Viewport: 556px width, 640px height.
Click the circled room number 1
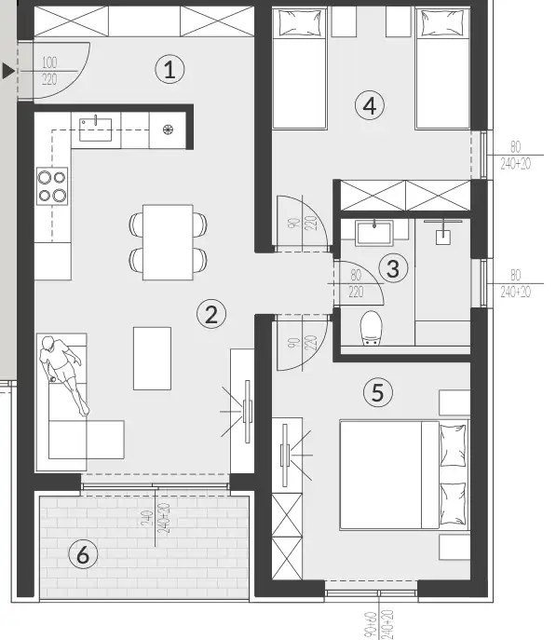[169, 68]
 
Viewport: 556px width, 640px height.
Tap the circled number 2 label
[211, 313]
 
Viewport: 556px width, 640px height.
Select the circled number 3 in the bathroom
[393, 268]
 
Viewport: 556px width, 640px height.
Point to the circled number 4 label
[370, 105]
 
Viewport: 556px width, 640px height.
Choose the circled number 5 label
[376, 392]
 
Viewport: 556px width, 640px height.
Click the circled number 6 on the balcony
[83, 556]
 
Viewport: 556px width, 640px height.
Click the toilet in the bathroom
[371, 326]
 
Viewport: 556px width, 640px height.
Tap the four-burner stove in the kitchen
[52, 186]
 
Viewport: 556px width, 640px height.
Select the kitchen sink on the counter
[96, 129]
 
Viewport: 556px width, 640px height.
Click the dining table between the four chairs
[168, 241]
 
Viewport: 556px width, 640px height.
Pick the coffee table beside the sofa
[152, 358]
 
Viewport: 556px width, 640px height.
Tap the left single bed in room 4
[298, 68]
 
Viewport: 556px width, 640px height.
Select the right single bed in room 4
[442, 68]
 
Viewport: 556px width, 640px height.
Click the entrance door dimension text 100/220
[49, 72]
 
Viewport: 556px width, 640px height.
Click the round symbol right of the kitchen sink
[168, 129]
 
